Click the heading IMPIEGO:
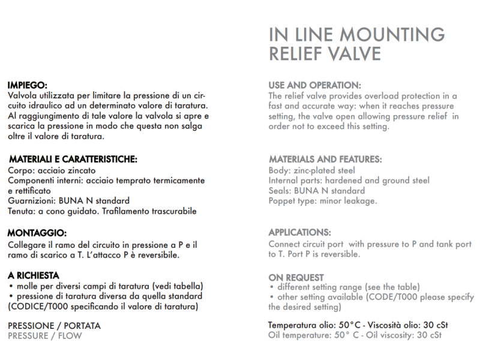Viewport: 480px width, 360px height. point(27,85)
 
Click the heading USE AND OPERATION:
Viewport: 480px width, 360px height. point(314,85)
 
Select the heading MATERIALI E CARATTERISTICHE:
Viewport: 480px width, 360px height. point(73,160)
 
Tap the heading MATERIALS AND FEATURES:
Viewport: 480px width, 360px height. point(325,160)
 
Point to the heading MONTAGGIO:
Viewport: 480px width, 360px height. point(37,233)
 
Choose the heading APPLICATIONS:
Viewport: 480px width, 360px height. point(299,233)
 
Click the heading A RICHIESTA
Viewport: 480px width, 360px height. point(34,275)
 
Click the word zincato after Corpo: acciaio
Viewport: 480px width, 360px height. point(87,170)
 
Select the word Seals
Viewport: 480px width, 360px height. point(280,191)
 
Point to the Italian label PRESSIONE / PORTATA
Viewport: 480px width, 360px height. point(54,326)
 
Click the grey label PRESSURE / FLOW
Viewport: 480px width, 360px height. point(45,335)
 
